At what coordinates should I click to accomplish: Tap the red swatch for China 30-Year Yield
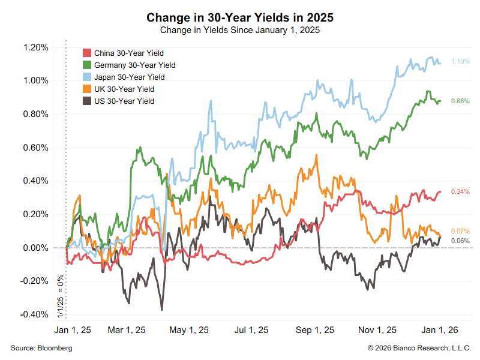(x=86, y=53)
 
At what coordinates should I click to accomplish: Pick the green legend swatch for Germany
(x=86, y=65)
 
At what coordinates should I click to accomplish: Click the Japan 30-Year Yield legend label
(x=129, y=77)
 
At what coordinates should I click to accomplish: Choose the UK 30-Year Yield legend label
(x=124, y=89)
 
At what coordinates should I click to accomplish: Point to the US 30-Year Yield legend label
(x=124, y=101)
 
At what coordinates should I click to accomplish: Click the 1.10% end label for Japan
(x=460, y=62)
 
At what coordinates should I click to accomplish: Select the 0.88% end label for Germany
(x=460, y=101)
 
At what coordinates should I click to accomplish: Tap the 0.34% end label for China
(x=460, y=192)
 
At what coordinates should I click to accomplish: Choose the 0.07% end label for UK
(x=460, y=232)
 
